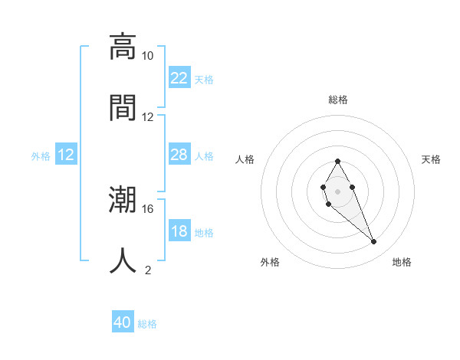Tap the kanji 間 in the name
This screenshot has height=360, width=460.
click(x=123, y=106)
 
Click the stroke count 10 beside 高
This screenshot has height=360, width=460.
click(x=147, y=56)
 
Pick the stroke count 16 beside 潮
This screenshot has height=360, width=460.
click(x=147, y=208)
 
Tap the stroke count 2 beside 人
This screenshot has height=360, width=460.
click(x=147, y=270)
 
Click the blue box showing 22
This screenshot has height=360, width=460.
click(x=179, y=78)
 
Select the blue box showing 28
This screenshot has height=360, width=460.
click(x=179, y=155)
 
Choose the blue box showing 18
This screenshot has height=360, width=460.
click(x=179, y=231)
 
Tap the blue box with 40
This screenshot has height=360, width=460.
click(x=123, y=323)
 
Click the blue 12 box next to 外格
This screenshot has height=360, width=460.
click(x=66, y=155)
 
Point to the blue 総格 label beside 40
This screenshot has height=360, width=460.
click(x=147, y=324)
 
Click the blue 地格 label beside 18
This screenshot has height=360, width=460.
click(x=204, y=232)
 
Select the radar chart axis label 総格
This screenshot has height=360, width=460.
click(x=338, y=100)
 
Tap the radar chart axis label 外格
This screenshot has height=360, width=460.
click(x=270, y=262)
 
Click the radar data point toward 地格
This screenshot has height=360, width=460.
click(x=374, y=242)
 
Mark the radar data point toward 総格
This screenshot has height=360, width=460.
click(x=337, y=161)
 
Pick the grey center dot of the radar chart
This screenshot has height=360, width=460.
click(x=337, y=190)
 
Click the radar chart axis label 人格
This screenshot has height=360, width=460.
click(x=245, y=159)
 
